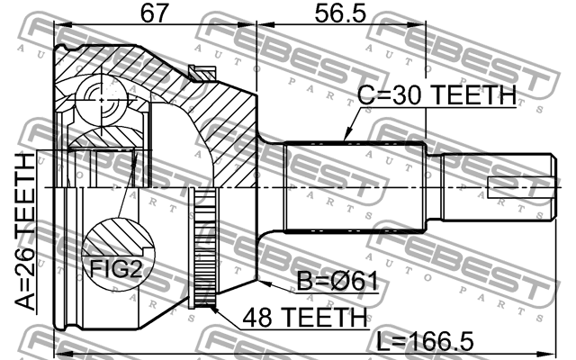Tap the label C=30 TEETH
tap(436, 94)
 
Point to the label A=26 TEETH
tap(24, 231)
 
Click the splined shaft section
tap(355, 186)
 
